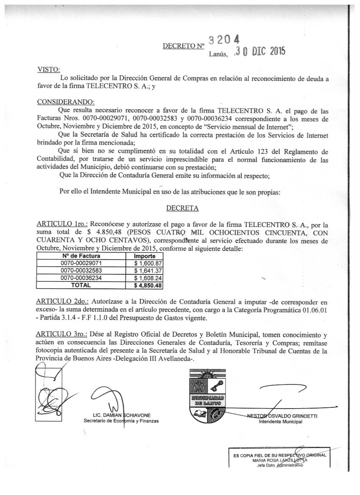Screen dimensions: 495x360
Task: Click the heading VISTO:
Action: (x=49, y=70)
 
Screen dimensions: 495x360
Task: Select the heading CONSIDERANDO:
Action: (x=66, y=102)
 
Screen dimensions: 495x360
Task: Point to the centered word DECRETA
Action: (x=183, y=208)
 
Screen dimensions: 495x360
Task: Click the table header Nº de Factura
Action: (x=81, y=256)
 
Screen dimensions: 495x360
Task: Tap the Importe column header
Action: (x=144, y=256)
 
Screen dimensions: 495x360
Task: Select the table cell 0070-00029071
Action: (x=81, y=263)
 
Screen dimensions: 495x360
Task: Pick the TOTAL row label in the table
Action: (x=81, y=285)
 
